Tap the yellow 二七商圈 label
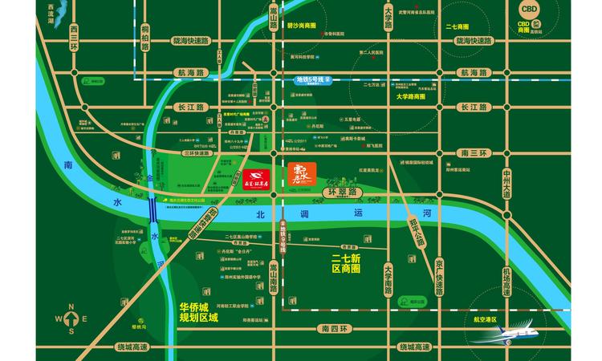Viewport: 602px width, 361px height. tap(456, 26)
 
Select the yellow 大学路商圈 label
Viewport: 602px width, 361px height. tap(415, 96)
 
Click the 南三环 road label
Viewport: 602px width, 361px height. tap(470, 151)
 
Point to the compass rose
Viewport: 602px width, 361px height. tap(71, 318)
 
